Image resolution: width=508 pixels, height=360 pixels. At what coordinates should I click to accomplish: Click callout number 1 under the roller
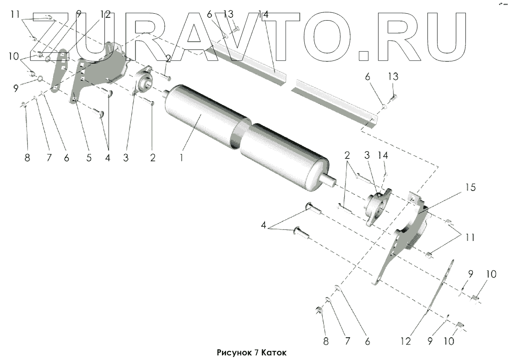point(182,158)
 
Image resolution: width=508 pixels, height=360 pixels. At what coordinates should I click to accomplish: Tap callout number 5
point(89,158)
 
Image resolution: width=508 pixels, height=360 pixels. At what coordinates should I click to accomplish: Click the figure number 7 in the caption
point(257,353)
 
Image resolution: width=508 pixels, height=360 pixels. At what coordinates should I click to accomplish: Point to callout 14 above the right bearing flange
point(383,156)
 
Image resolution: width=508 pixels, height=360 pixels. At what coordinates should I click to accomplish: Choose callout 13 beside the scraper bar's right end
point(393,76)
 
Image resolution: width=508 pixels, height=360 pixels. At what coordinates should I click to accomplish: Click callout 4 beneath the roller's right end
point(264,225)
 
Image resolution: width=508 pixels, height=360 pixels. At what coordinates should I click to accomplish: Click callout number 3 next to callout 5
point(125,158)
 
